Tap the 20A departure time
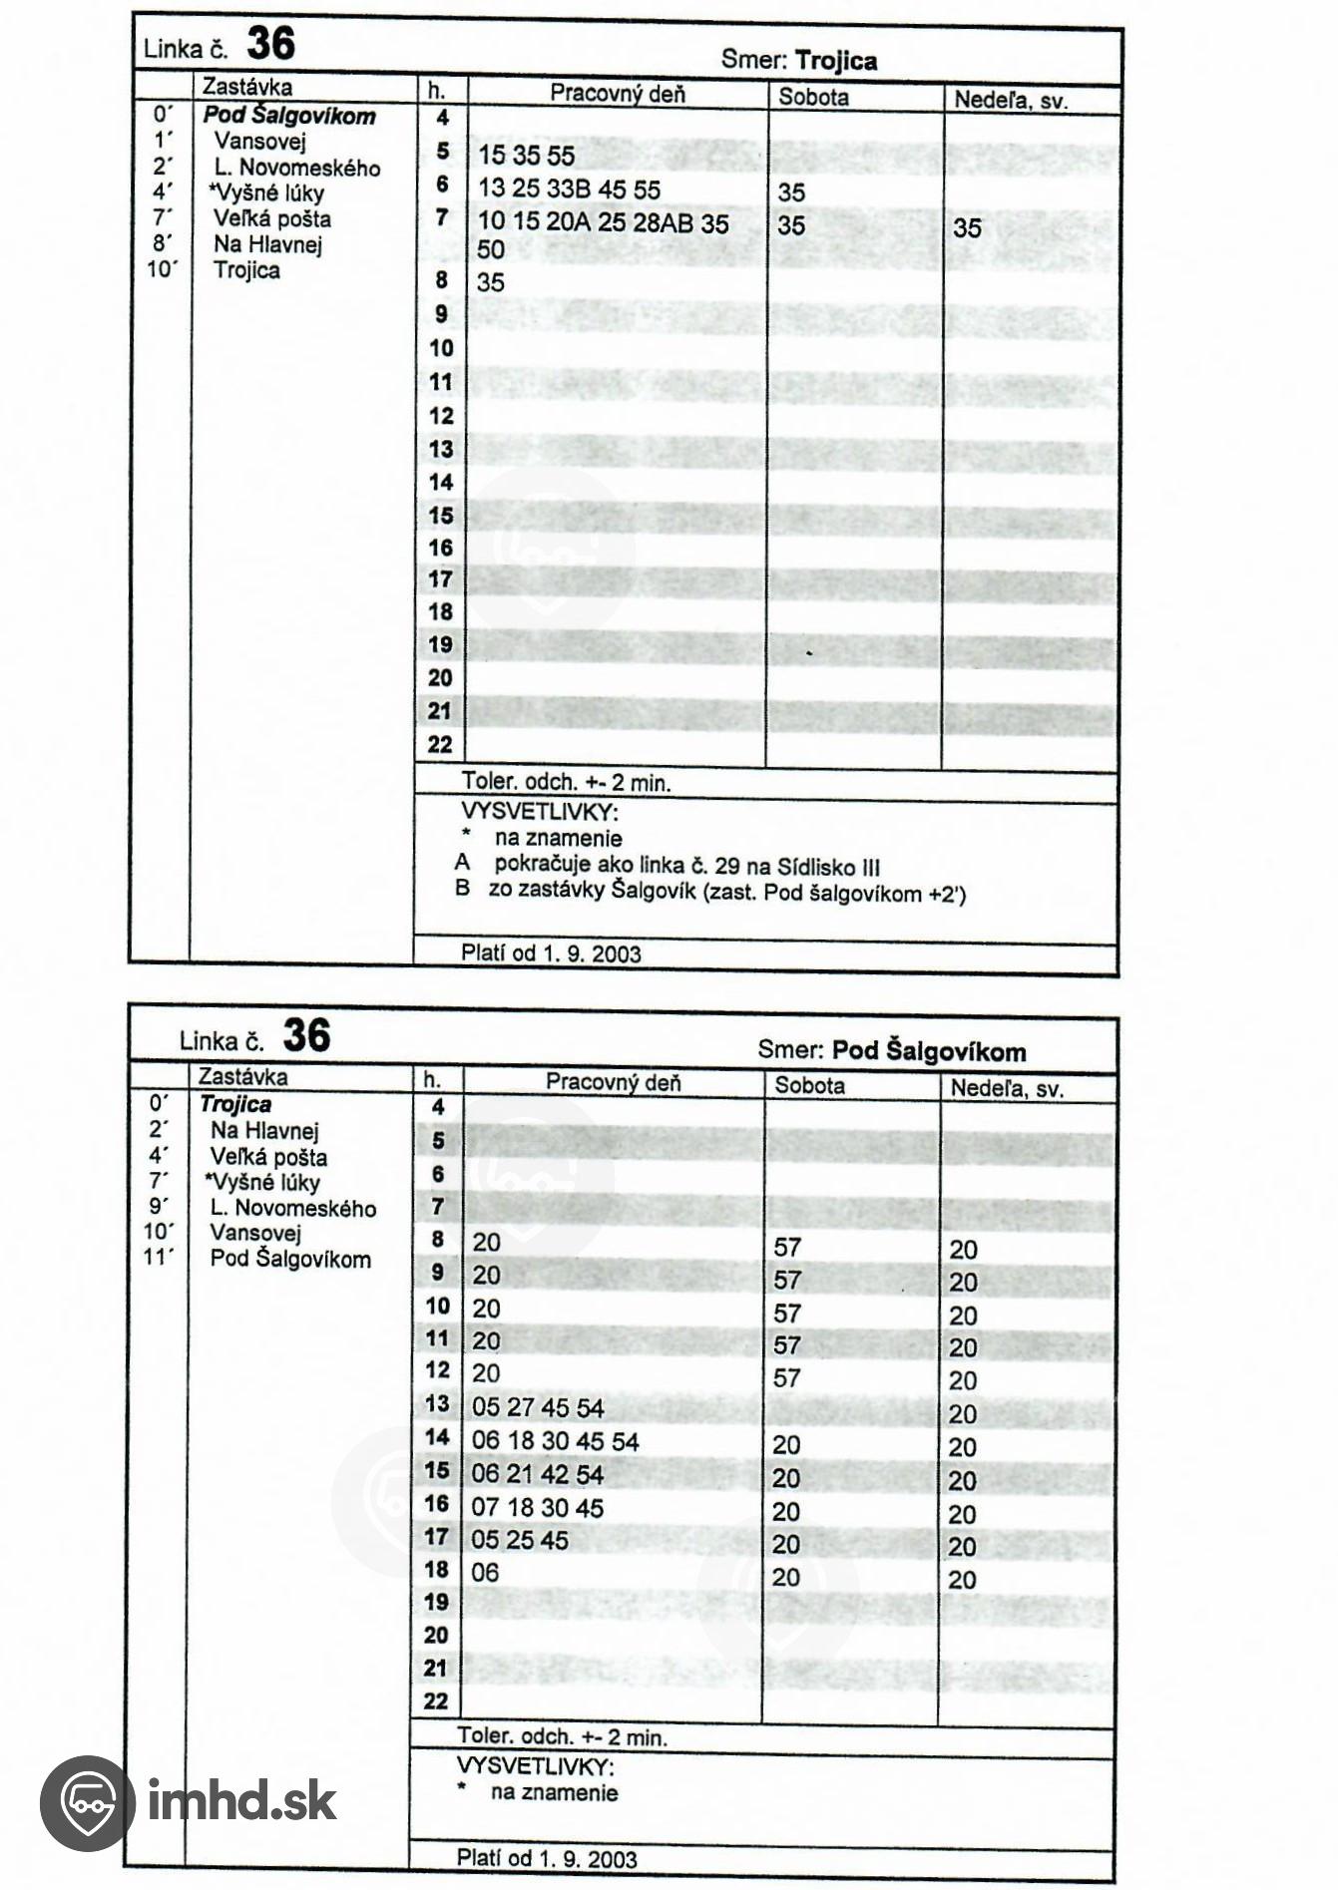point(570,223)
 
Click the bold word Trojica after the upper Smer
point(836,61)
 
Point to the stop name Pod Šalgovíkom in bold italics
point(289,116)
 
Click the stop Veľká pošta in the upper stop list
point(271,219)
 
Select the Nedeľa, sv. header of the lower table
point(1007,1088)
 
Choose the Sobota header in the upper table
point(813,97)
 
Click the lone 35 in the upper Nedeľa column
point(967,228)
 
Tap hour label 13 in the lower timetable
point(438,1404)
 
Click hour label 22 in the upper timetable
point(440,744)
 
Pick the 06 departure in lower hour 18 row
point(485,1573)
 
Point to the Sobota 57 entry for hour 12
point(787,1378)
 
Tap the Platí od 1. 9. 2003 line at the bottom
point(546,1858)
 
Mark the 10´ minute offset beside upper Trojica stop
point(161,270)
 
